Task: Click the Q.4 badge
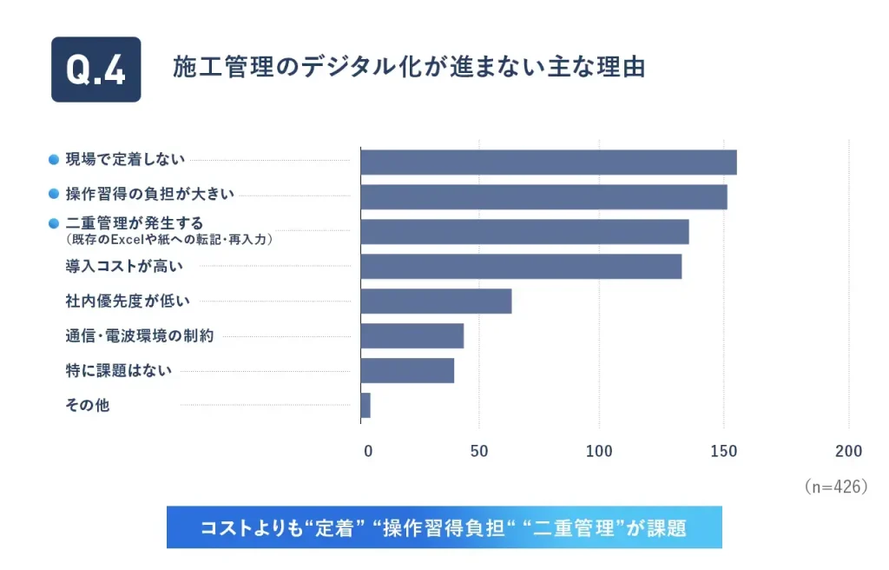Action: click(95, 70)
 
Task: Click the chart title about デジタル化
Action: click(408, 68)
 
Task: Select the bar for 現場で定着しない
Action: click(548, 162)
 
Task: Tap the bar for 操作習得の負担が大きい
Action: click(543, 197)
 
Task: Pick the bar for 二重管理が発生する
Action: click(524, 232)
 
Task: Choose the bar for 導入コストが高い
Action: click(521, 267)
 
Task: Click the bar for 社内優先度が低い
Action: click(436, 302)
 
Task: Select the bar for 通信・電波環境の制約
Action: click(412, 336)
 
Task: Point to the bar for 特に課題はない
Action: click(407, 371)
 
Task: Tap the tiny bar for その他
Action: click(365, 406)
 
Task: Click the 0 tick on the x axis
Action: click(368, 451)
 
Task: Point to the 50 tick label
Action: click(478, 451)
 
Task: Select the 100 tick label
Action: click(599, 451)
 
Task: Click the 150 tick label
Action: click(724, 451)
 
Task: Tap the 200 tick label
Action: click(848, 451)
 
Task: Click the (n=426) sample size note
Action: click(835, 487)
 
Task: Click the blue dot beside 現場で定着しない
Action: click(53, 160)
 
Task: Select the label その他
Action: click(88, 405)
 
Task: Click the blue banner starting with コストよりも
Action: click(444, 527)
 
